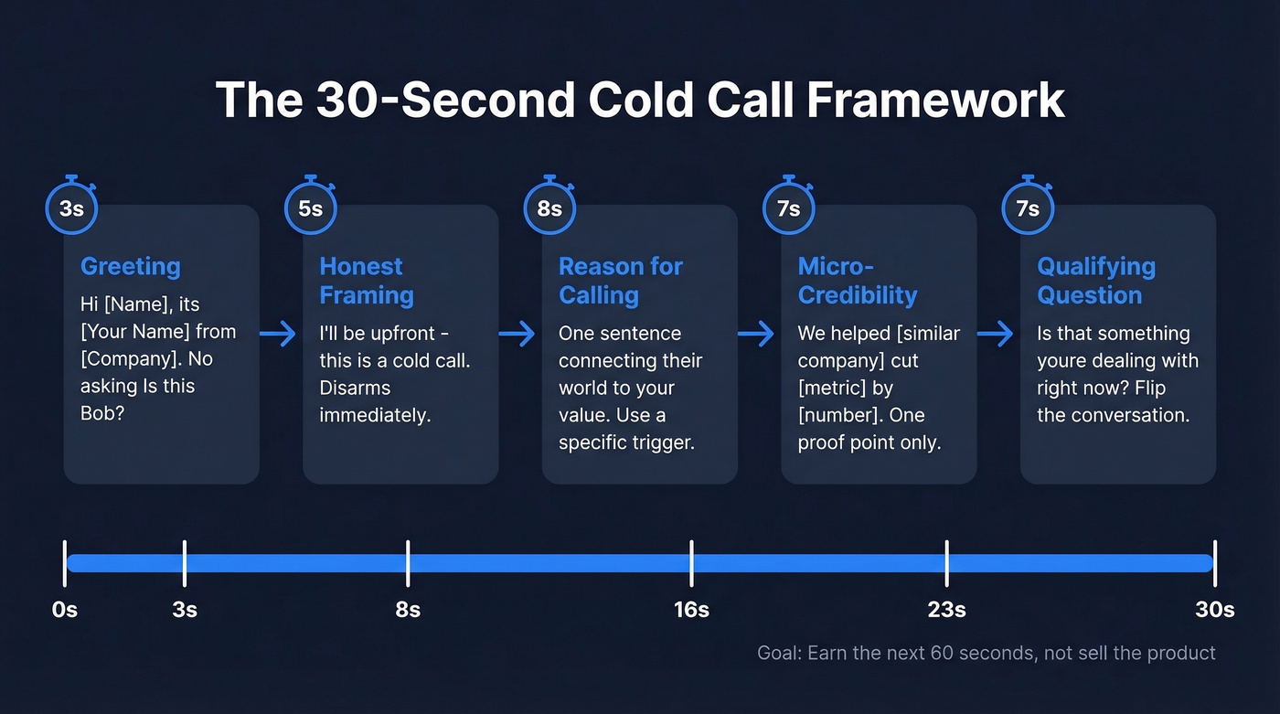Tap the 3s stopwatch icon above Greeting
(71, 208)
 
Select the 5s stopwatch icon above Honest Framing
(311, 208)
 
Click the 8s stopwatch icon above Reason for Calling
(549, 208)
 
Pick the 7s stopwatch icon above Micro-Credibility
(788, 208)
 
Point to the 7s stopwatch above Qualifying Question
(1028, 208)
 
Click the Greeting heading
(131, 266)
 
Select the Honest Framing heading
(367, 281)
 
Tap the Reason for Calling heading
(621, 281)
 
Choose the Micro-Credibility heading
(857, 281)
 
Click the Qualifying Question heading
(1096, 281)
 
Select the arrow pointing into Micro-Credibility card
(756, 334)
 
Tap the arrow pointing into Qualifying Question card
(996, 334)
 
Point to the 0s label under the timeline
(65, 610)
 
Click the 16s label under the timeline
(691, 610)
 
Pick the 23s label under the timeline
(946, 610)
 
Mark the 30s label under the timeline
(1214, 610)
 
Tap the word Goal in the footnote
(777, 653)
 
